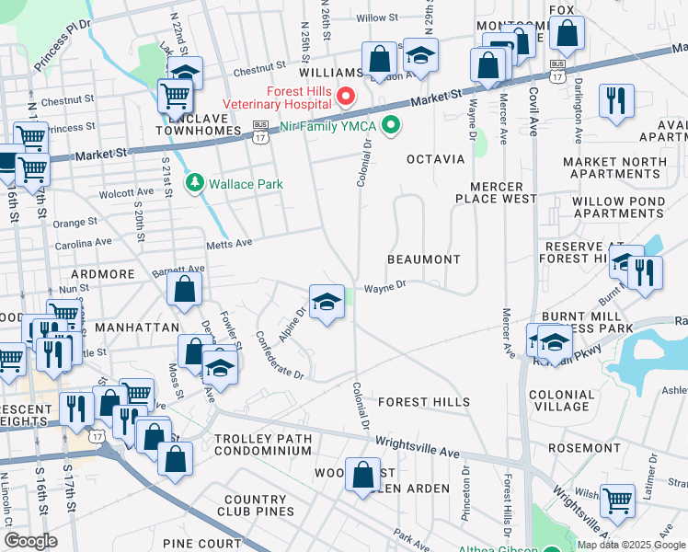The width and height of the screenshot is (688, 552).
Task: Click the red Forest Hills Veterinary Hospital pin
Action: [x=346, y=96]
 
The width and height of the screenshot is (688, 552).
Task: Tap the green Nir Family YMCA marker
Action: [x=391, y=123]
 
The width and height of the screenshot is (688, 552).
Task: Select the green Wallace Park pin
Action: [x=194, y=184]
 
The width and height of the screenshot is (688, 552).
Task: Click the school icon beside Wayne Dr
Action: [x=326, y=302]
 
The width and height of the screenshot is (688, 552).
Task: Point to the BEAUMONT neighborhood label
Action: [x=423, y=259]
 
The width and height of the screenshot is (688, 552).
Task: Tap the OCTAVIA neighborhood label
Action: [x=437, y=159]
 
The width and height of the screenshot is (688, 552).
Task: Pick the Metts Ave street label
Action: [x=229, y=243]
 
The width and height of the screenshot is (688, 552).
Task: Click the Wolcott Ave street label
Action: [x=125, y=194]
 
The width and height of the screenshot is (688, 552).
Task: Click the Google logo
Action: [x=30, y=540]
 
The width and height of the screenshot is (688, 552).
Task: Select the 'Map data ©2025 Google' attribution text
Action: [x=630, y=545]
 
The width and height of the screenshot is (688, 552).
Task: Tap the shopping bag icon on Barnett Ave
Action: [x=185, y=288]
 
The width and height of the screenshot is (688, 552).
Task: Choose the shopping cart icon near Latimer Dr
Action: [x=617, y=500]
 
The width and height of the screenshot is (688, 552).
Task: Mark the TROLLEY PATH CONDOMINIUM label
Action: [x=263, y=444]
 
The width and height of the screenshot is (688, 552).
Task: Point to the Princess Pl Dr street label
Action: [x=63, y=46]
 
